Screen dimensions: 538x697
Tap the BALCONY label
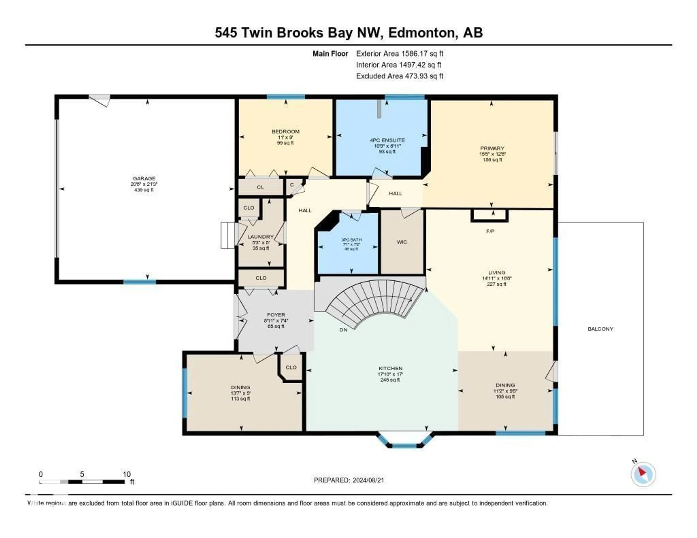(x=600, y=329)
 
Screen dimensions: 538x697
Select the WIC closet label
(x=402, y=242)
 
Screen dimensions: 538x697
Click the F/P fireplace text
(x=490, y=231)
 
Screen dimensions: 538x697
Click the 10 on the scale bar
(x=127, y=474)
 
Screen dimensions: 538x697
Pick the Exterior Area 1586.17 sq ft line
(x=400, y=54)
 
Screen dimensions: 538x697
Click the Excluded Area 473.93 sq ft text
(x=400, y=76)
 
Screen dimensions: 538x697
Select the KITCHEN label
(x=390, y=368)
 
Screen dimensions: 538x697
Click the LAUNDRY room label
(x=260, y=237)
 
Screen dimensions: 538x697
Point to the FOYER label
(x=276, y=315)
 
